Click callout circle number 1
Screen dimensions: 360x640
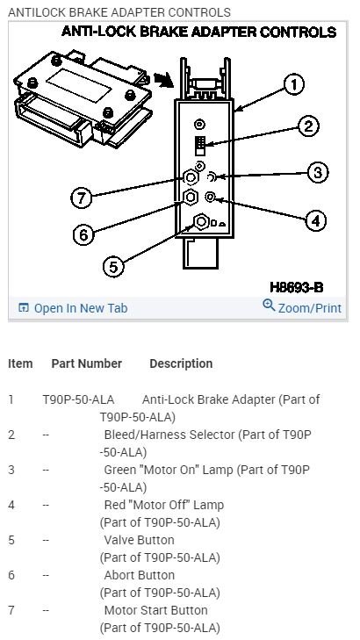coord(294,85)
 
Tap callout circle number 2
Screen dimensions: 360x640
coord(308,126)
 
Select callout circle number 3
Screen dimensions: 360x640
coord(317,172)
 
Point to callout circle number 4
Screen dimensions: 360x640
coord(316,220)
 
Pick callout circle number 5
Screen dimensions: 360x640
coord(113,267)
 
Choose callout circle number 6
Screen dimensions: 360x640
coord(83,234)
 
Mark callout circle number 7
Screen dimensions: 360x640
coord(82,198)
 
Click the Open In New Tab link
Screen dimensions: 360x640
coord(73,308)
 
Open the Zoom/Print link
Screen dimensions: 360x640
coord(302,307)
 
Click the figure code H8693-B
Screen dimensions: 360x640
coord(296,287)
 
